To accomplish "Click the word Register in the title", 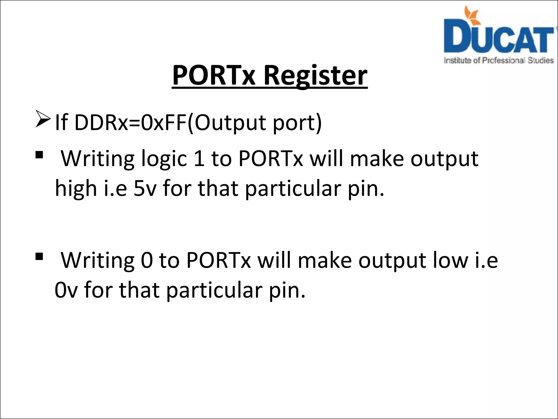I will click(316, 76).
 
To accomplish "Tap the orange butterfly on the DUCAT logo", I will click(472, 14).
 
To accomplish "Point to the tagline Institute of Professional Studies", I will click(499, 60).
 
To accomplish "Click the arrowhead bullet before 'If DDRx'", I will click(43, 119).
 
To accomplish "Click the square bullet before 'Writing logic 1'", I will click(39, 155).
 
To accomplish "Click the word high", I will click(76, 189).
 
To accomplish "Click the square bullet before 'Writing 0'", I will click(39, 257).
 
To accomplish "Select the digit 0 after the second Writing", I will click(147, 261).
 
